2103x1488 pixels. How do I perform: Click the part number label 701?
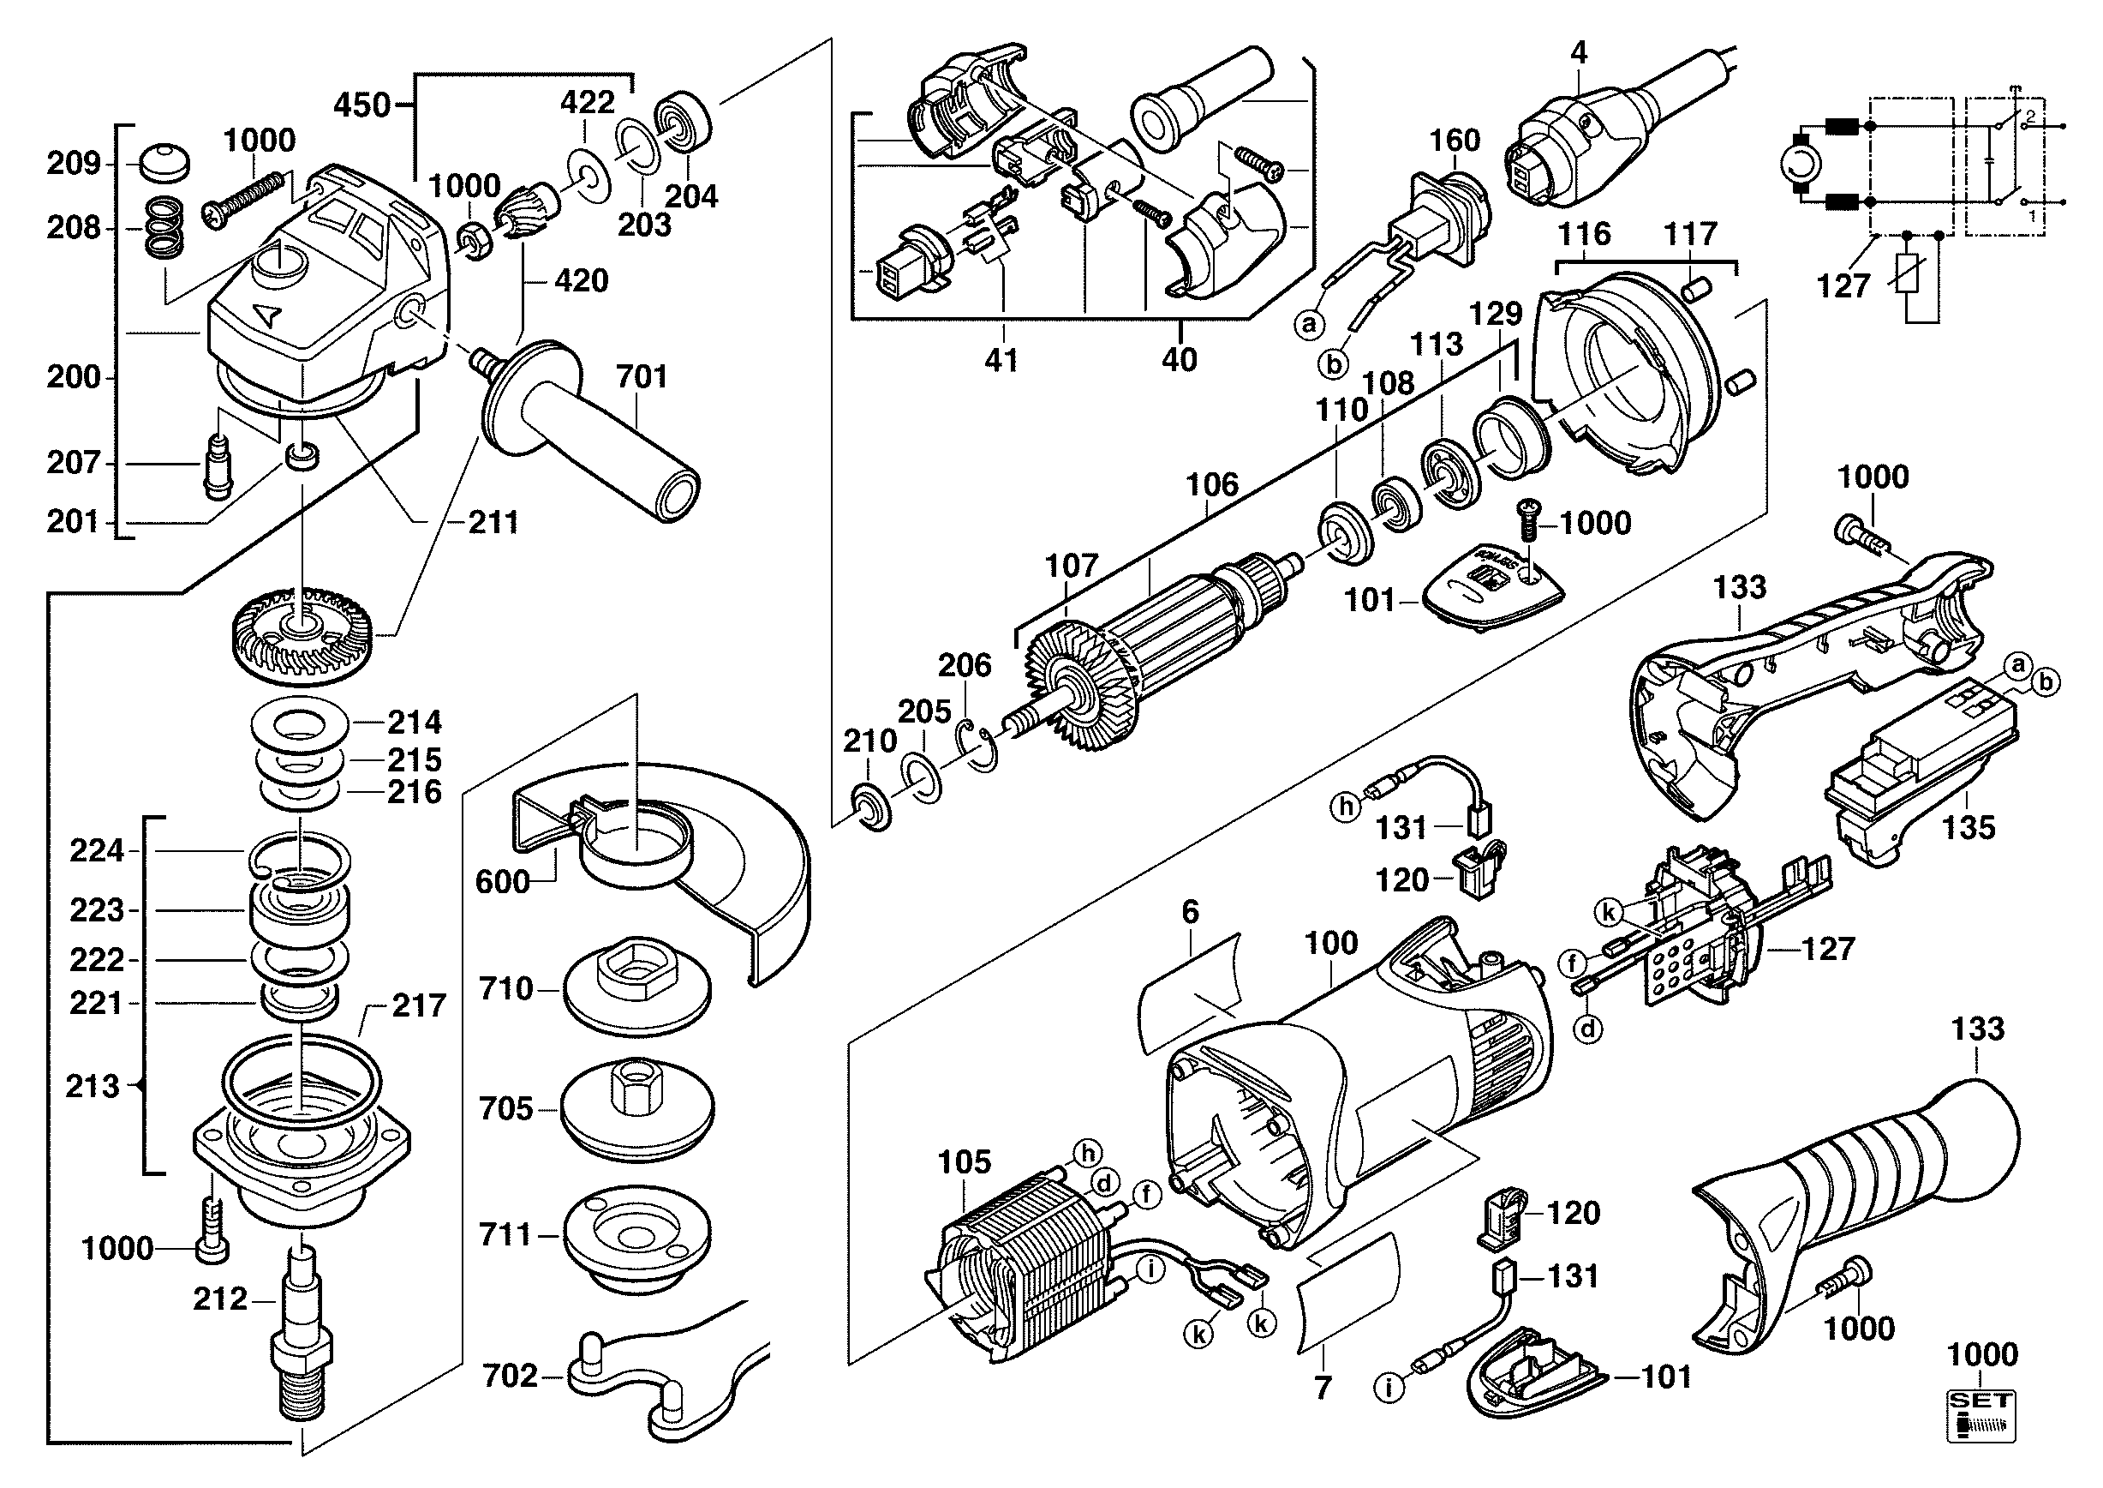(x=641, y=376)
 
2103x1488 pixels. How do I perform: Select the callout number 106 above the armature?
(x=1212, y=484)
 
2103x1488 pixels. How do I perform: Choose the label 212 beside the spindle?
(x=220, y=1299)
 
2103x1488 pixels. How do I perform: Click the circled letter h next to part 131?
(x=1346, y=807)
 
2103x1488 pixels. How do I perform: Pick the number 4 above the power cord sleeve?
(x=1577, y=53)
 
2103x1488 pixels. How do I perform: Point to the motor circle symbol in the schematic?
(x=1800, y=165)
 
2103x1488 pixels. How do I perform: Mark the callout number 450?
(x=361, y=105)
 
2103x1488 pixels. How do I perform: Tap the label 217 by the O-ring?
(x=419, y=1005)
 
